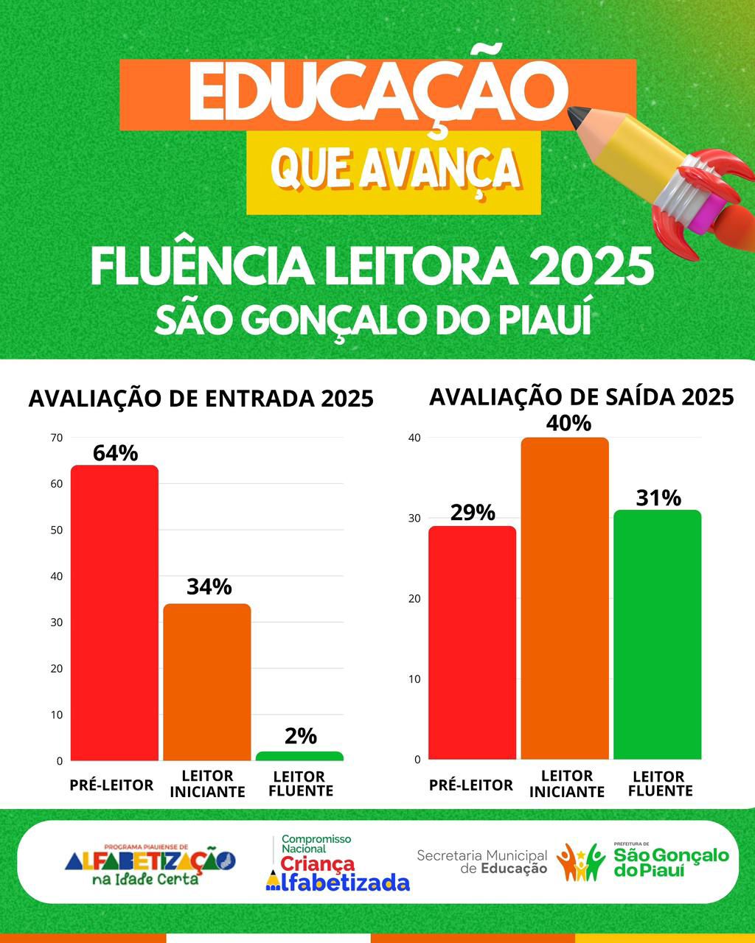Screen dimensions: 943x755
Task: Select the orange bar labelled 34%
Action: (x=207, y=682)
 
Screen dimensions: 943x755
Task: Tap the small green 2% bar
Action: (x=299, y=756)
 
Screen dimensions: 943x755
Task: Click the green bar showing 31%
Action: (x=657, y=634)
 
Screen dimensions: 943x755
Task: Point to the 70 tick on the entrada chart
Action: (x=57, y=438)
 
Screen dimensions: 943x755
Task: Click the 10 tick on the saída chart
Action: (x=414, y=679)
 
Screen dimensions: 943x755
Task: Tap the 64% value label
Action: (x=115, y=453)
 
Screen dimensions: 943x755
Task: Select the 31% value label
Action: (x=658, y=498)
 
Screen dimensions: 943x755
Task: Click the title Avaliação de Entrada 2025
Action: (x=201, y=399)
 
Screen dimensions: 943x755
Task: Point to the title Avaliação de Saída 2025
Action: (x=581, y=396)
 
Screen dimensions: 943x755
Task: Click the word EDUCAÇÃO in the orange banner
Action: (x=377, y=93)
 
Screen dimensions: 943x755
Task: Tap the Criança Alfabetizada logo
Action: (x=337, y=863)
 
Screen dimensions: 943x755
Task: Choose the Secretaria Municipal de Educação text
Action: (x=482, y=861)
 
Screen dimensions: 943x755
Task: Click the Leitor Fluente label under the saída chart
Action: (x=659, y=783)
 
